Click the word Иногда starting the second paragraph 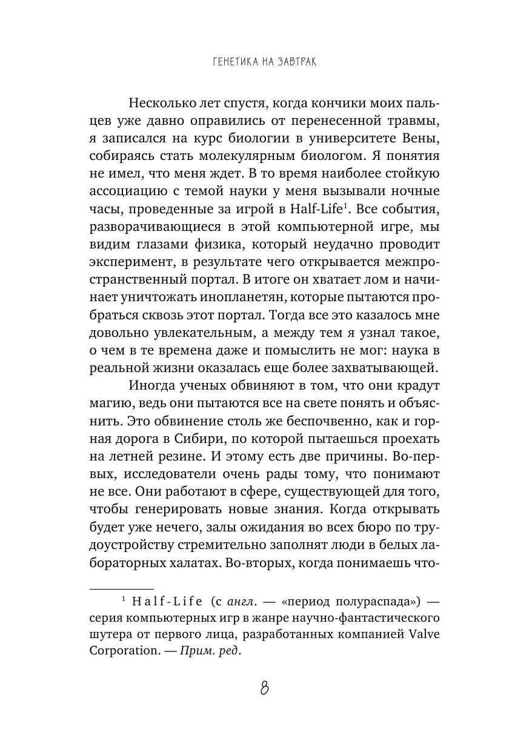149,385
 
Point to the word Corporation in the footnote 122,652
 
